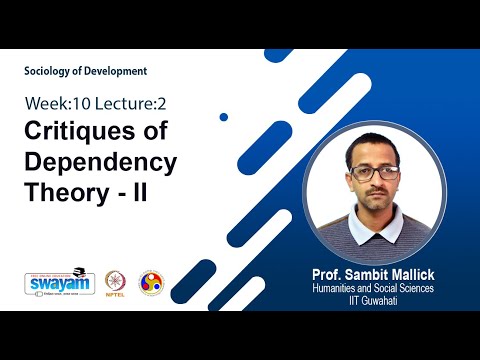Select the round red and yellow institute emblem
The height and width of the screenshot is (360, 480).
(x=150, y=282)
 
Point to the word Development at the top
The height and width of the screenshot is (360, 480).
(x=119, y=71)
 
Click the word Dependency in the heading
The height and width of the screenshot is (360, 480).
(x=100, y=162)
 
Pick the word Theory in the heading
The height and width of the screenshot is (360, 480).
(x=64, y=192)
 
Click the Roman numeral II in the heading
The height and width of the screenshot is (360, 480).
(x=138, y=192)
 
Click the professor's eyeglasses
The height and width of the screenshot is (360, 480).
(x=376, y=172)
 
